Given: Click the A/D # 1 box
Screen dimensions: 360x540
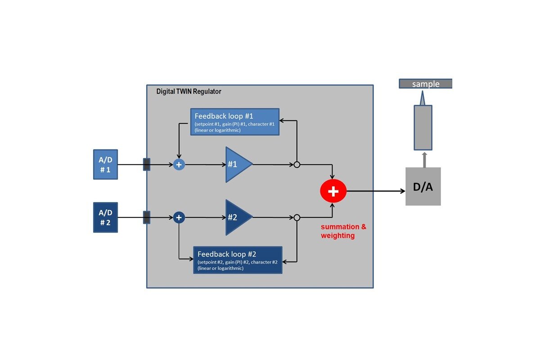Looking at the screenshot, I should tap(105, 165).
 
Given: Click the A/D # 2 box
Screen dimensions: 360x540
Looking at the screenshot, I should tap(105, 217).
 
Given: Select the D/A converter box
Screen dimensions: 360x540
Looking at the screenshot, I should tap(423, 186).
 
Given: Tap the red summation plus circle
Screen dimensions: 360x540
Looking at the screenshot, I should tap(333, 191).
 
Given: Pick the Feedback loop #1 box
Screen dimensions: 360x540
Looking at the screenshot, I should tap(234, 122).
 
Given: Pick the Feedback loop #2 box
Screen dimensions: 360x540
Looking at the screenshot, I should tap(238, 260).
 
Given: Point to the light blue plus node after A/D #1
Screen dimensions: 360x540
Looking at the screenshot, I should tap(179, 165).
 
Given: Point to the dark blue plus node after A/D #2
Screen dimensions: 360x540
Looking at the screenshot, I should tap(179, 218).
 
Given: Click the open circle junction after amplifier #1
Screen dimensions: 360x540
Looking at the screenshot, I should tap(297, 165).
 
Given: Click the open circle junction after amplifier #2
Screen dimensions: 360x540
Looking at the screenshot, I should tap(297, 218).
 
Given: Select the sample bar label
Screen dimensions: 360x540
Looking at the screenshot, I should tap(425, 84).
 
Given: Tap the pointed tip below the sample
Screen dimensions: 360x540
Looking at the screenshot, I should tap(422, 98).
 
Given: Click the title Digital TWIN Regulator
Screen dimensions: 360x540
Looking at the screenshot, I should tap(189, 91).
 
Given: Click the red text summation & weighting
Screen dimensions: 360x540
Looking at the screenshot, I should tap(343, 231).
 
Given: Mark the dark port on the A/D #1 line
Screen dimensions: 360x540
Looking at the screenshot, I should tap(146, 165).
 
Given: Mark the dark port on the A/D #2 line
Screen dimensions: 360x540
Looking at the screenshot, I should tap(146, 218).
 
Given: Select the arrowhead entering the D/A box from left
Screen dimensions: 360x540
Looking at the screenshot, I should tap(402, 191).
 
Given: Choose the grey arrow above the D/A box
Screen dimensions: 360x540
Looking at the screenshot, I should tap(424, 159).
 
